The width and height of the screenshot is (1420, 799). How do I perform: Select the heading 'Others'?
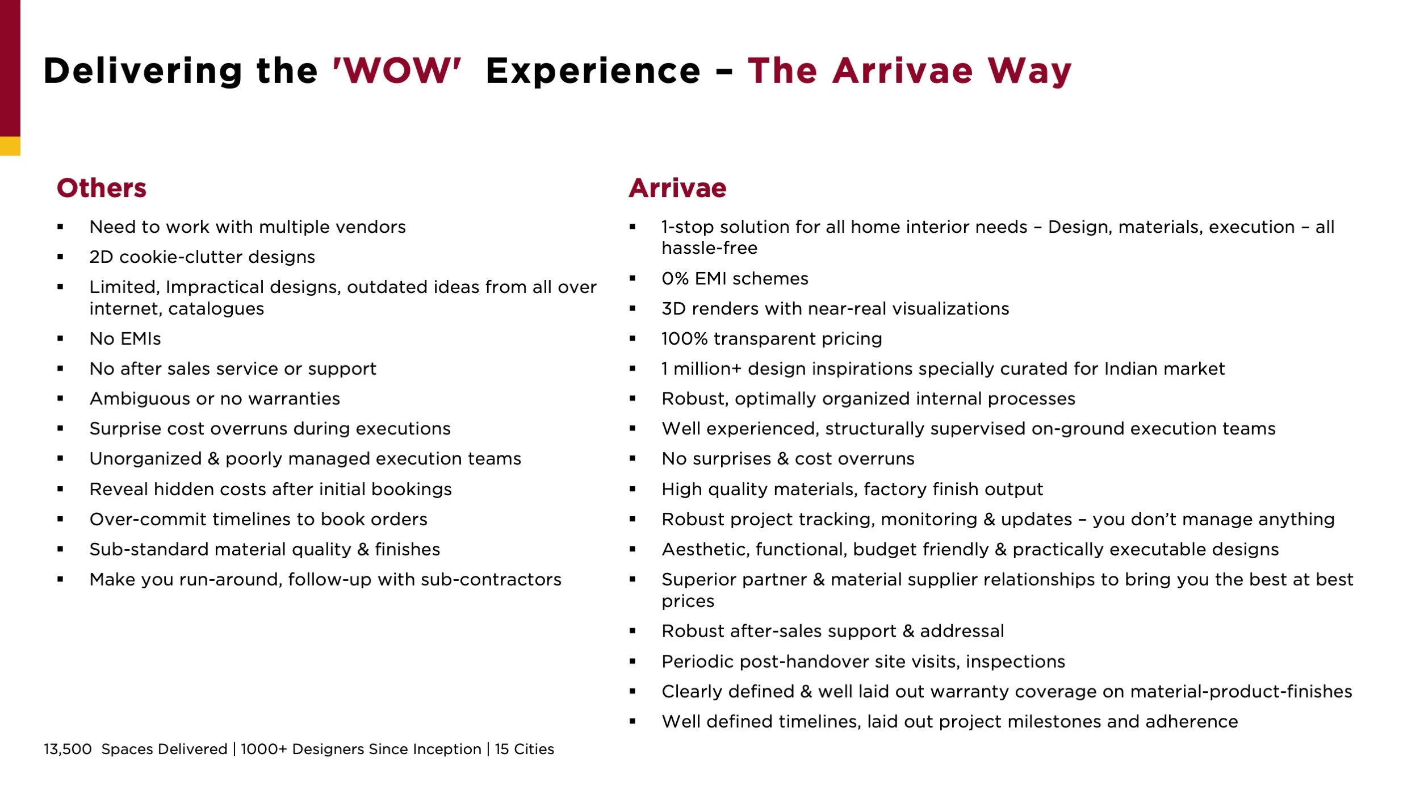102,188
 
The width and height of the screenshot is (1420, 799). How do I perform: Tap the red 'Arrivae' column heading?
677,188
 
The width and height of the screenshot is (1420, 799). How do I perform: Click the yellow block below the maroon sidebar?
10,146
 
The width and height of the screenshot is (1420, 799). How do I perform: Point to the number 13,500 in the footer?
68,749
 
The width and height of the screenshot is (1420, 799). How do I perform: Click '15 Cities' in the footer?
524,749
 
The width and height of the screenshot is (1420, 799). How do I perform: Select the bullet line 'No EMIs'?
125,339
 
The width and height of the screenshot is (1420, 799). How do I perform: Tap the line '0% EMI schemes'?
735,279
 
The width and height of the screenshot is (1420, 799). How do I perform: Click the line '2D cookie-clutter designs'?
202,257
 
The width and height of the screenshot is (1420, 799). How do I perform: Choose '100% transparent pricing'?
772,339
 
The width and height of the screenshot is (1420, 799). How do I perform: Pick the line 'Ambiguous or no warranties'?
215,399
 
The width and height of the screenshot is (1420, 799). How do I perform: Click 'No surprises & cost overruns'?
788,459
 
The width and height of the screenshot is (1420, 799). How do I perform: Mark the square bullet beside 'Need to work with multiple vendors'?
60,227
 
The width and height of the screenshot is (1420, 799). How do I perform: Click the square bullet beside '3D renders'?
632,309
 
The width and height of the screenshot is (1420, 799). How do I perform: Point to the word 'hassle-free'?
710,248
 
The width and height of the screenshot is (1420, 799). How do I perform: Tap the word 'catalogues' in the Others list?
216,309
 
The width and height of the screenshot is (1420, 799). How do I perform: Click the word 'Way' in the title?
1029,72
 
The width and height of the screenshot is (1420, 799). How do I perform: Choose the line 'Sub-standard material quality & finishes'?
265,550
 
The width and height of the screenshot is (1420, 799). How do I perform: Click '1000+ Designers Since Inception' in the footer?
361,749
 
